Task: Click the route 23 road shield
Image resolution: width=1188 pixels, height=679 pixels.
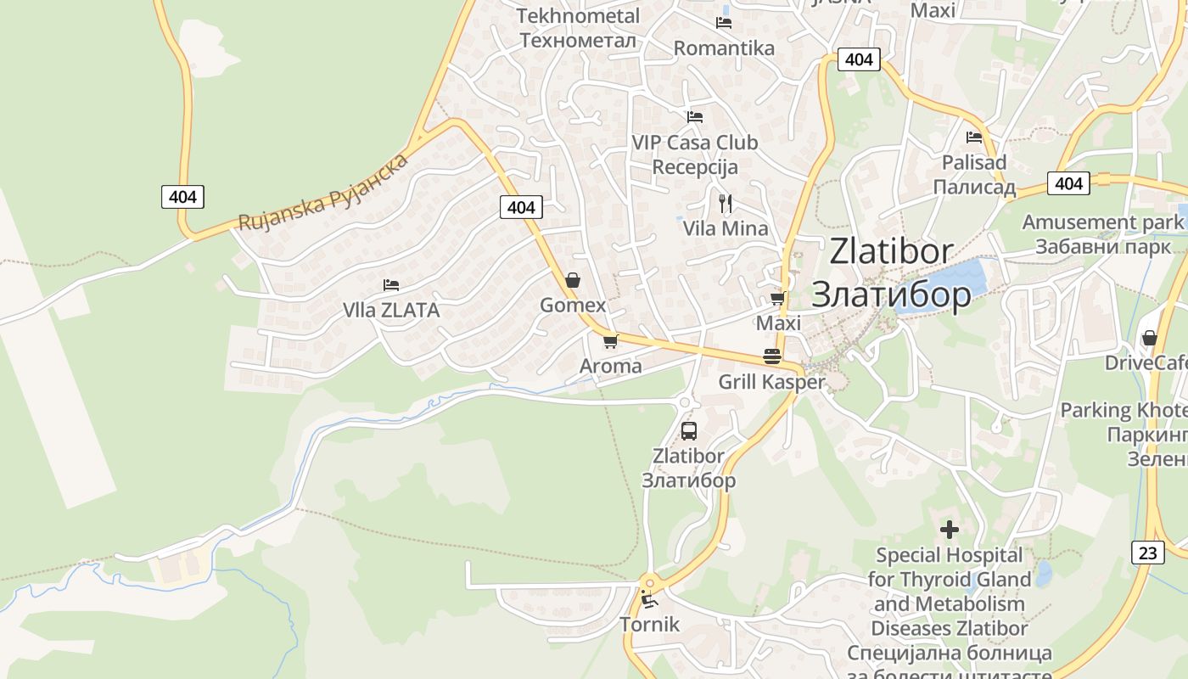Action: (x=1147, y=553)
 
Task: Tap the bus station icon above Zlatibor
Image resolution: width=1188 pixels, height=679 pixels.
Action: (x=688, y=430)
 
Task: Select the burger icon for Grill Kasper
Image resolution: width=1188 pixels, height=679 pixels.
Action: (x=772, y=356)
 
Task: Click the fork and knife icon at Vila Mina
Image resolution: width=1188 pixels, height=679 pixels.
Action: (x=726, y=204)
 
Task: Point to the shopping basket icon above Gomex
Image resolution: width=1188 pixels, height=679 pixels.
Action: (x=573, y=280)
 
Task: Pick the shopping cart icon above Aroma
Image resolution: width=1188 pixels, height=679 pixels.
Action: (x=609, y=342)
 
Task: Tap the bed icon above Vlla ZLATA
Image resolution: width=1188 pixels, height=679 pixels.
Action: (x=390, y=285)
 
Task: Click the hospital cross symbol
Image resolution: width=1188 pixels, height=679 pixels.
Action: (x=949, y=530)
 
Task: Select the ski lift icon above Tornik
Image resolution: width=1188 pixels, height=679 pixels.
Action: (x=649, y=599)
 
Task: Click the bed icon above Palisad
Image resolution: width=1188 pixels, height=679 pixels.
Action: (x=973, y=137)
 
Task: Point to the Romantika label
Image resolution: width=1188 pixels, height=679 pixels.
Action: (x=724, y=48)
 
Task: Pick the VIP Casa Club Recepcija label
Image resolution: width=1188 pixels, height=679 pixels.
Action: (x=695, y=154)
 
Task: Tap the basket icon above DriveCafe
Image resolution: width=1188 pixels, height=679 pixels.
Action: (x=1149, y=338)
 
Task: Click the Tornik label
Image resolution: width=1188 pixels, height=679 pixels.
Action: (x=649, y=625)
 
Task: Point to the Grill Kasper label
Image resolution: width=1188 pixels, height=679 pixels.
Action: (x=771, y=382)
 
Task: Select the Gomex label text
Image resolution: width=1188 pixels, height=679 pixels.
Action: (x=573, y=306)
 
